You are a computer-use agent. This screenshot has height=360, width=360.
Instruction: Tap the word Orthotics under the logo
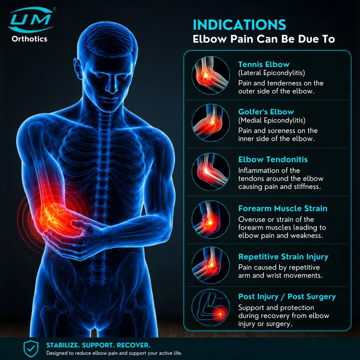30,39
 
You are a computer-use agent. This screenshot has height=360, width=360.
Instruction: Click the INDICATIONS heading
239,25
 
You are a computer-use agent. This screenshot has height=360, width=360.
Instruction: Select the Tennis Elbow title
264,64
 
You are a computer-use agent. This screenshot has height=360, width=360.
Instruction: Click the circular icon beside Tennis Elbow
211,75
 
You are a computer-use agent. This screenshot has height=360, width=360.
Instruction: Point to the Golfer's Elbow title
266,112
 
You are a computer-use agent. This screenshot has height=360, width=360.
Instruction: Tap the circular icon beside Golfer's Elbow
211,123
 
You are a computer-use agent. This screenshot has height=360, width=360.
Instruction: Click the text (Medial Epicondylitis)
272,120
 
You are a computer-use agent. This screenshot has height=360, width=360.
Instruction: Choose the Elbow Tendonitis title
273,159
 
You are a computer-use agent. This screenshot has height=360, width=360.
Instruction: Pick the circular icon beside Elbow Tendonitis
211,171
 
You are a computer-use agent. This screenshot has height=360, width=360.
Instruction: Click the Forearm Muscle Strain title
283,208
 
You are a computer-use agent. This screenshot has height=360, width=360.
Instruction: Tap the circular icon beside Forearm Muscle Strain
211,219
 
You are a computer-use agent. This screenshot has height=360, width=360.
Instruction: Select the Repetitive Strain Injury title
283,257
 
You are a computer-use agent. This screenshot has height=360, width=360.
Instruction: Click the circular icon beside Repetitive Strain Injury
211,265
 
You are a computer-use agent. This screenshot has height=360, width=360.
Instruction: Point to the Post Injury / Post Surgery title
287,297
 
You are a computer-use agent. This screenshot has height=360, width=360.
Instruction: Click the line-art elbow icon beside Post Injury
211,308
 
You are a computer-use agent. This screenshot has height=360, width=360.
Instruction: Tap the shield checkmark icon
31,349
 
